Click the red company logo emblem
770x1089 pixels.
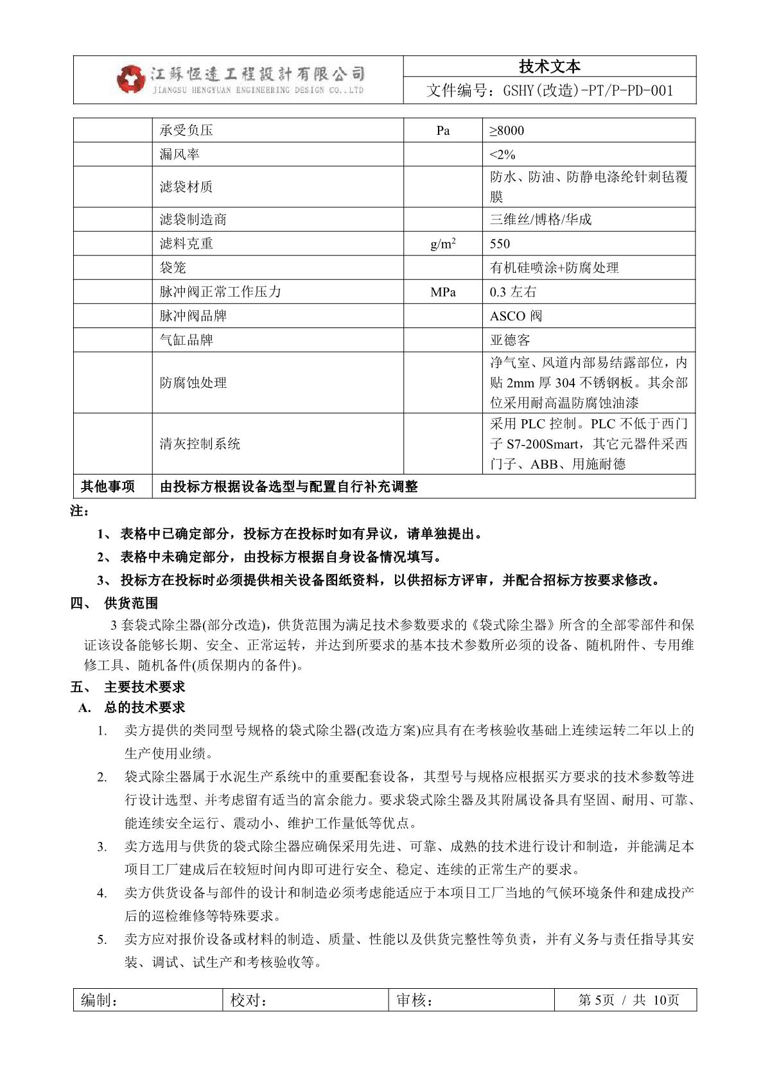pos(131,79)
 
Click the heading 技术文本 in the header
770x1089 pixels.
pos(549,67)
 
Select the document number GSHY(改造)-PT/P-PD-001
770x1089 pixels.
pos(550,91)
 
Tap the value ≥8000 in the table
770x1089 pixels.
pos(507,131)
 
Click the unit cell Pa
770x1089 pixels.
pos(443,131)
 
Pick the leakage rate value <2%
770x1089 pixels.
pos(502,155)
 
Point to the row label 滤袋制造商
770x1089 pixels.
pos(193,220)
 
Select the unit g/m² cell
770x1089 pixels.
pos(443,244)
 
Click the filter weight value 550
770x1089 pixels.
pos(500,244)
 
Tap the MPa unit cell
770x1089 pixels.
pos(443,292)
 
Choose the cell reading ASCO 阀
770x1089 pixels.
pos(516,316)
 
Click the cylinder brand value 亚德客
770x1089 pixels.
pos(510,340)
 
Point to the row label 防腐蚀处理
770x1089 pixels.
pos(193,383)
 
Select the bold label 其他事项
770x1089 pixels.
pos(108,487)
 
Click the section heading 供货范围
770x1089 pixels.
pos(131,604)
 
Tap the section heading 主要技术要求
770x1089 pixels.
pos(144,687)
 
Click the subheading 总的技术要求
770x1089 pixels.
pos(144,708)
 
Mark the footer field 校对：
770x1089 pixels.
pos(249,1000)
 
